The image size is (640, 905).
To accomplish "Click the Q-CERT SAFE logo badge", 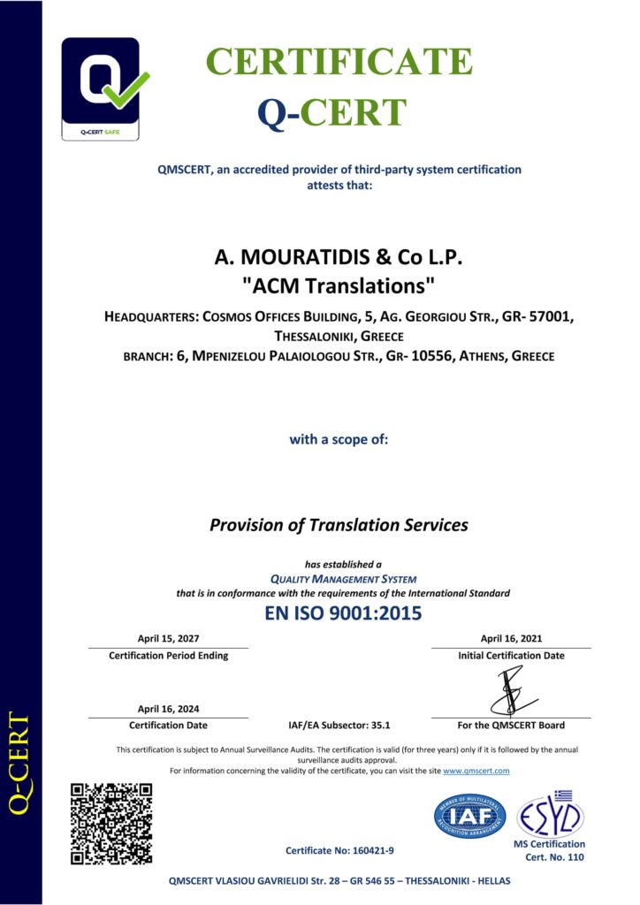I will pos(100,88).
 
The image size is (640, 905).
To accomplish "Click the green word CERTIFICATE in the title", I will pos(339,62).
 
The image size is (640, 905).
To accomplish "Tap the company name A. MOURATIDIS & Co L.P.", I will pos(339,258).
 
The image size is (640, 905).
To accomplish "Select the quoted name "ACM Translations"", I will pos(339,285).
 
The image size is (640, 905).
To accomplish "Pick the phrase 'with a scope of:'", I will pos(339,438).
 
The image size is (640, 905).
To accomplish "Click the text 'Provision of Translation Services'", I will pos(339,524).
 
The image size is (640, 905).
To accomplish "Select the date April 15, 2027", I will pos(168,638).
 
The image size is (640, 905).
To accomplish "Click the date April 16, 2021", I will pos(511,638).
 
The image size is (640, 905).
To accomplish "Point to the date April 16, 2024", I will pos(168,709).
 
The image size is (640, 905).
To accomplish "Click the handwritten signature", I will pos(510,690).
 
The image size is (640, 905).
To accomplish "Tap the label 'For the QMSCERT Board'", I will pos(512,726).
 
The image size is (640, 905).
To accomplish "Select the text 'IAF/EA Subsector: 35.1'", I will pos(339,726).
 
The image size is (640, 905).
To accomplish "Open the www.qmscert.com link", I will pos(476,771).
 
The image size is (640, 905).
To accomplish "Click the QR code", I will pos(110,823).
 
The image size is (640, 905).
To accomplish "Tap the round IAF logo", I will pos(469,816).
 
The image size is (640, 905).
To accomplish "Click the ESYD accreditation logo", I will pos(550,815).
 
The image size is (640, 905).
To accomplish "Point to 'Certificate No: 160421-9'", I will pos(339,850).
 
